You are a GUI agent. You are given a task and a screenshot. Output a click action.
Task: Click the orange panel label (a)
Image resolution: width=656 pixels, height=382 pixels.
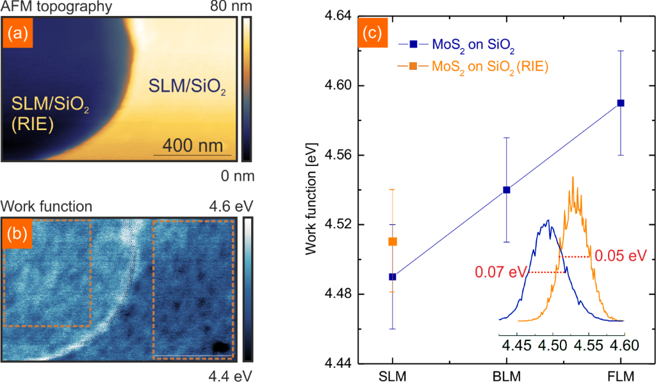tap(17, 32)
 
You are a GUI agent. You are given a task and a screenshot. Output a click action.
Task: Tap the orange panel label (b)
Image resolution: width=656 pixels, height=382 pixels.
tap(17, 233)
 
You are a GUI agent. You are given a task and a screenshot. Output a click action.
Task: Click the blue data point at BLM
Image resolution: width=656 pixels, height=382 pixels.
tap(507, 190)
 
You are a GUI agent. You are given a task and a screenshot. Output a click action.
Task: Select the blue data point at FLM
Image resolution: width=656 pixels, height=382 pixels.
tap(621, 103)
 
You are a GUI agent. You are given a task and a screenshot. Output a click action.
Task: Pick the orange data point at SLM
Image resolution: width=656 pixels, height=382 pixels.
tap(393, 242)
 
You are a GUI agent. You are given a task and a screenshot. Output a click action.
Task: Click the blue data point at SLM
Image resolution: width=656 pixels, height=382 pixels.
tap(393, 277)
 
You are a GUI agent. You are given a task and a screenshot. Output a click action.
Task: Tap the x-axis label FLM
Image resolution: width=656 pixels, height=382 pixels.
tap(621, 374)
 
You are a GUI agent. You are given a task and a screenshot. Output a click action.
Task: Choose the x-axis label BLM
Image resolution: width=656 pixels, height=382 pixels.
tap(507, 374)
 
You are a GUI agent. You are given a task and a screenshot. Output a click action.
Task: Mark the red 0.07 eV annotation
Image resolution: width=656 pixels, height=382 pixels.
tap(498, 272)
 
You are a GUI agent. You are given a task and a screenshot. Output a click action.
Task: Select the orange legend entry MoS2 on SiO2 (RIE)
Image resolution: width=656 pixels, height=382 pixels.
tap(487, 66)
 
